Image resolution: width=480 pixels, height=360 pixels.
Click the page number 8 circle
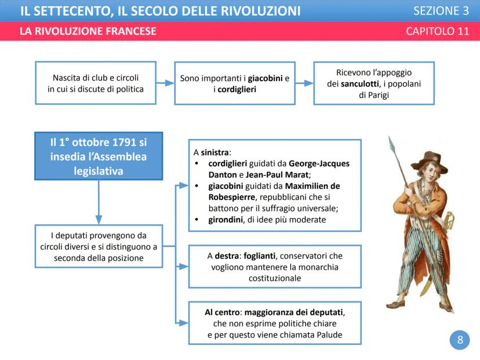[460, 340]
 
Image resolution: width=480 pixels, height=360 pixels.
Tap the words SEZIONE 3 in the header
[441, 11]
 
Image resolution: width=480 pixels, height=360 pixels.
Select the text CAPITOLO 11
[438, 31]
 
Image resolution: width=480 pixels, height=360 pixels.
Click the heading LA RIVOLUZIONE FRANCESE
[88, 31]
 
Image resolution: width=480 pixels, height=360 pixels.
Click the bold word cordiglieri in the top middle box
[237, 89]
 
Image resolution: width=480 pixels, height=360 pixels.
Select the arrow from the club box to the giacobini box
[165, 83]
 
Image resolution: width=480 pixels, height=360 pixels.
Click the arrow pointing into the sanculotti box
[304, 83]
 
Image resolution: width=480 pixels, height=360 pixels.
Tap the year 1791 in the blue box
[124, 143]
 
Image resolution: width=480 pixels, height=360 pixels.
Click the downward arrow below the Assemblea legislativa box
[99, 202]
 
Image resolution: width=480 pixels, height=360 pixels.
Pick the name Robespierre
[231, 197]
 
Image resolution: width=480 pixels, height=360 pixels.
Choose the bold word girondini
[226, 220]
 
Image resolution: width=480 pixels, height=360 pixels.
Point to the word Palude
[329, 335]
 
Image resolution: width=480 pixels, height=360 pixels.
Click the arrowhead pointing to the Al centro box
[184, 323]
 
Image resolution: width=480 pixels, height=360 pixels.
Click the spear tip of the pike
[391, 144]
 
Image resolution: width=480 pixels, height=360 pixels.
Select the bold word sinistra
[214, 152]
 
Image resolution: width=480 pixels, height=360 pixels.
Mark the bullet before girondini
[197, 220]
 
